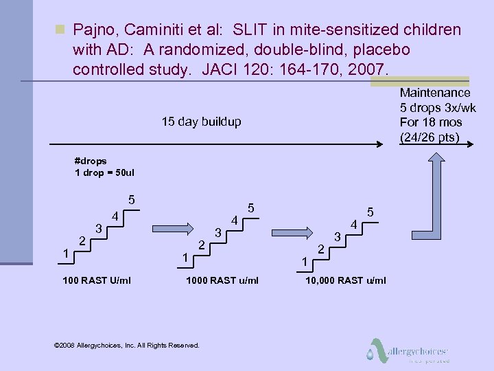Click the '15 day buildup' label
click(201, 122)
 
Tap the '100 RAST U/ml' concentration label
click(97, 280)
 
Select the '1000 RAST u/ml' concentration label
click(222, 280)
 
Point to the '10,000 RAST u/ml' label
click(346, 280)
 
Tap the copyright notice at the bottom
click(126, 345)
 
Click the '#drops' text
click(91, 161)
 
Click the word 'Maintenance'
click(435, 93)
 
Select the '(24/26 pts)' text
click(430, 137)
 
